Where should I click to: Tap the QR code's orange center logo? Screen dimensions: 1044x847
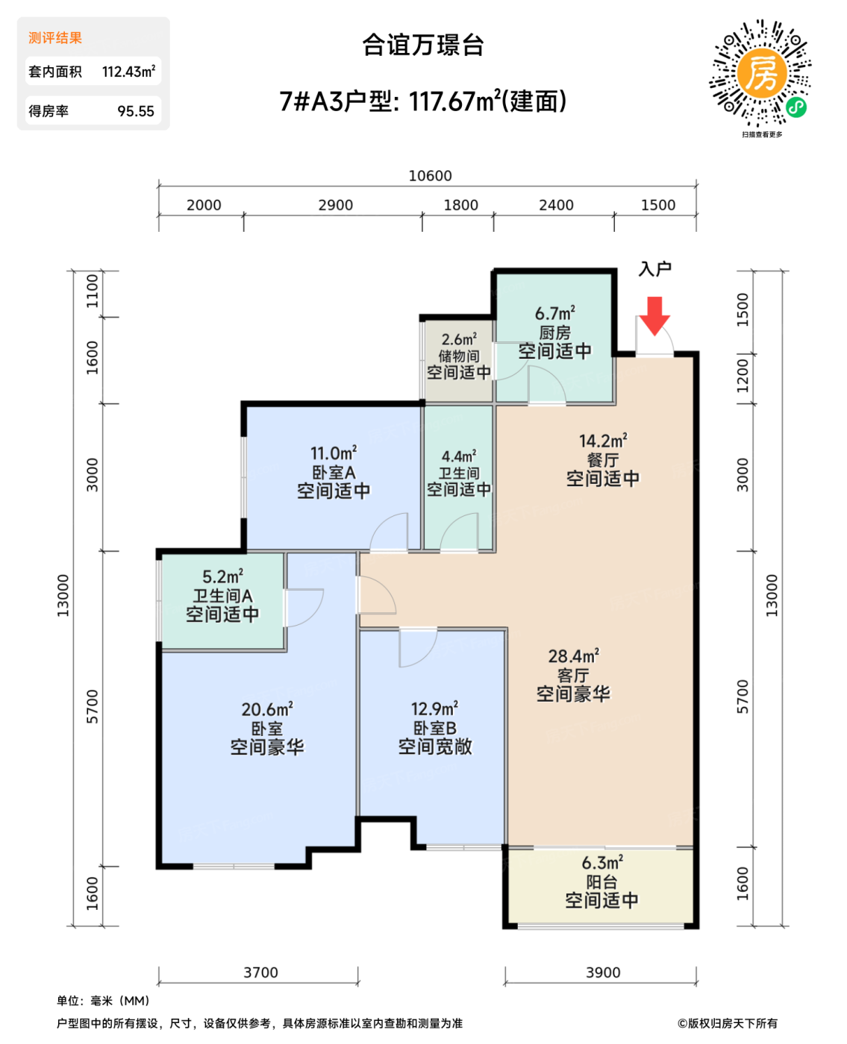click(x=761, y=73)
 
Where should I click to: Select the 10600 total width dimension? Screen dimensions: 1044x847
click(x=430, y=176)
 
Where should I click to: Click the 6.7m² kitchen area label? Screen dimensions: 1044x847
click(x=554, y=313)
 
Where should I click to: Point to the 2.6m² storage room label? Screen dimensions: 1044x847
click(x=458, y=339)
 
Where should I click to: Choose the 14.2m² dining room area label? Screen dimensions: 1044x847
click(x=603, y=441)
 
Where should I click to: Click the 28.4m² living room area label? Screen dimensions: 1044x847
click(x=573, y=656)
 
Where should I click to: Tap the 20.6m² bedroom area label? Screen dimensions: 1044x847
click(x=266, y=709)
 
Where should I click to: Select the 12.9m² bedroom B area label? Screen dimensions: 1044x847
click(x=434, y=708)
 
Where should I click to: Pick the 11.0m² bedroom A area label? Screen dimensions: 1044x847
click(x=334, y=453)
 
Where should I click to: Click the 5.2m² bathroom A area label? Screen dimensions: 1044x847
click(x=222, y=576)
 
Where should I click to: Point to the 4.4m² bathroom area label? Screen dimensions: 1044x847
click(x=458, y=456)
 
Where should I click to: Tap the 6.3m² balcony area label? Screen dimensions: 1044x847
click(x=601, y=863)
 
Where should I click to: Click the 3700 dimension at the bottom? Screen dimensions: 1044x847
click(x=260, y=972)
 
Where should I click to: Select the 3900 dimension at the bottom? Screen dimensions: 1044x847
click(x=603, y=972)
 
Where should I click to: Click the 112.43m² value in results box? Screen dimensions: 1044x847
click(x=128, y=72)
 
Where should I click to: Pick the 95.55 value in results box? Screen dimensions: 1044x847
click(x=136, y=111)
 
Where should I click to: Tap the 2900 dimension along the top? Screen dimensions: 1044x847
click(x=335, y=205)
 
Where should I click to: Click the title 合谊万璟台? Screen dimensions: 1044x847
click(x=423, y=45)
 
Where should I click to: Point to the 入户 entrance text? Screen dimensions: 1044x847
click(x=654, y=269)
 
